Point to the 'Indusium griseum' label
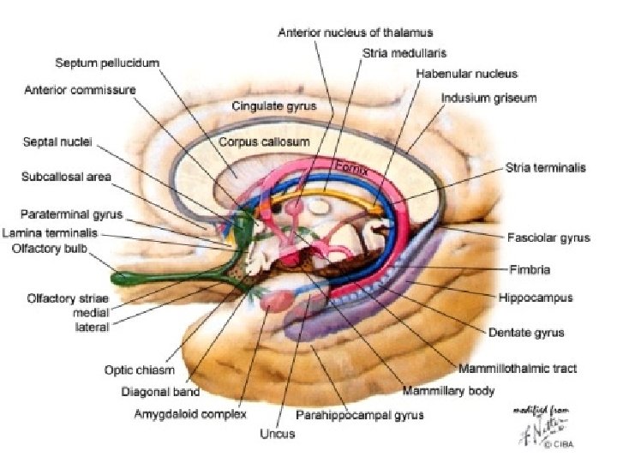point(488,98)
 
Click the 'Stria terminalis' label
point(546,168)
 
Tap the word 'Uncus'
point(278,434)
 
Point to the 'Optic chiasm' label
point(140,370)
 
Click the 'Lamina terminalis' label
point(50,232)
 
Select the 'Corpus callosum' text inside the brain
point(264,139)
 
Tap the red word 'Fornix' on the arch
point(350,168)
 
